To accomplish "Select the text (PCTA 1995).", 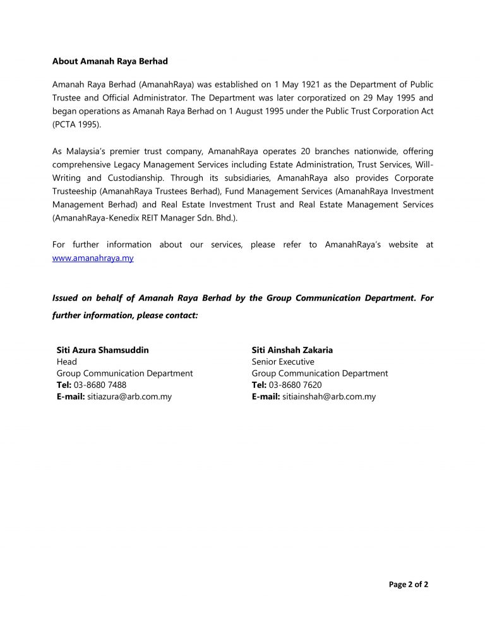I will (76, 125).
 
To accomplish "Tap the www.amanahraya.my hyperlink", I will (92, 258).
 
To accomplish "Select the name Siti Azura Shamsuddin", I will (103, 349).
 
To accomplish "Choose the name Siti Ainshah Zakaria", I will (292, 349).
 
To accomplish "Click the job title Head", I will (67, 361).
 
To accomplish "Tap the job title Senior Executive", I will (282, 361).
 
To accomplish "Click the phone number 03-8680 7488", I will (100, 385).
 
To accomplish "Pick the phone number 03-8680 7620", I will (295, 385).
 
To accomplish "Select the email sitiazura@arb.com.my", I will (129, 397).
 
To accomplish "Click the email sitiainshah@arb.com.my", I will (328, 397).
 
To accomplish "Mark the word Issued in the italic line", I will (66, 298).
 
